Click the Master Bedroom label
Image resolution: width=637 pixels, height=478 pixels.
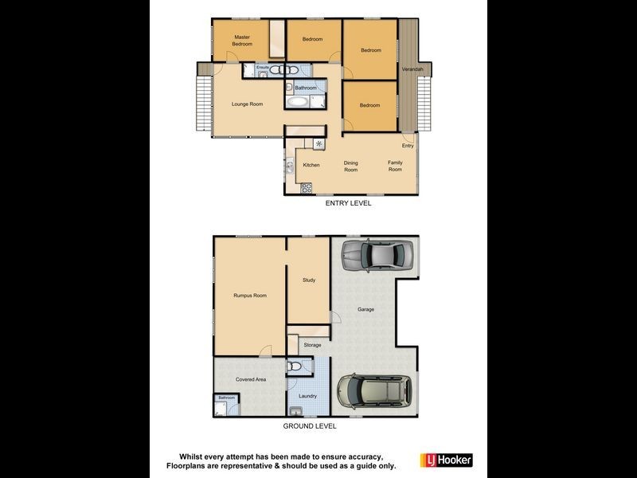coord(242,41)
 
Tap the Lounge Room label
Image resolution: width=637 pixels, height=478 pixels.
coord(247,104)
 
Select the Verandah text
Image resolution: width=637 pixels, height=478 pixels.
coord(410,69)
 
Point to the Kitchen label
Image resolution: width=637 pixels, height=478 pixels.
coord(311,165)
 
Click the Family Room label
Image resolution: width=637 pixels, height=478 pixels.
coord(396,166)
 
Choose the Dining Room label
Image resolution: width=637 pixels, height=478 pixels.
coord(351,166)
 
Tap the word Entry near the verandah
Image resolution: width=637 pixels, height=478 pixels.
coord(408,146)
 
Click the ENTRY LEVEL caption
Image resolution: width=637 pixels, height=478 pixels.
coord(349,203)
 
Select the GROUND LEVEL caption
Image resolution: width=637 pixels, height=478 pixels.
coord(315,426)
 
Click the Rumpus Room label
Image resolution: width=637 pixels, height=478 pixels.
coord(250,296)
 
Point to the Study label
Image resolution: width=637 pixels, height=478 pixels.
coord(309,280)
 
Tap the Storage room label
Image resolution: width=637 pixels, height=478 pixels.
coord(312,345)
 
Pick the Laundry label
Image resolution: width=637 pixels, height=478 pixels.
coord(307,396)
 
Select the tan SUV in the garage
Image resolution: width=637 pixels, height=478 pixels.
coord(373,390)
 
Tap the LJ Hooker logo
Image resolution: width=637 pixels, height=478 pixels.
coord(446,460)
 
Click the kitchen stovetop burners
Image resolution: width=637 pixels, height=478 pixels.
coord(306,189)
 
